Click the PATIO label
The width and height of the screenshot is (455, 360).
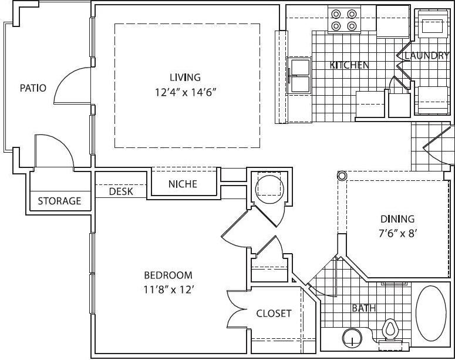click(x=33, y=88)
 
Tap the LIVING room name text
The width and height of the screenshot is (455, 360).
click(x=185, y=77)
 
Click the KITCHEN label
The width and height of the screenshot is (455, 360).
click(x=349, y=65)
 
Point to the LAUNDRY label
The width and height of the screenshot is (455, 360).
click(x=427, y=56)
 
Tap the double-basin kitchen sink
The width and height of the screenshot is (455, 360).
click(x=299, y=76)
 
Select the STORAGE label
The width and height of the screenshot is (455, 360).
click(x=59, y=201)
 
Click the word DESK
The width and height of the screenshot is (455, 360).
click(x=121, y=191)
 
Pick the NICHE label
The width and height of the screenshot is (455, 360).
click(x=183, y=184)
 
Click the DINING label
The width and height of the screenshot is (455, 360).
click(x=397, y=219)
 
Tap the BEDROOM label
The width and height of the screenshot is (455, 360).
click(x=168, y=275)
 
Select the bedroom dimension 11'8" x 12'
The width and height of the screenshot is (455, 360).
click(x=168, y=289)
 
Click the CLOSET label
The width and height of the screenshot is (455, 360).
click(x=274, y=313)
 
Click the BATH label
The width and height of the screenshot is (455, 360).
click(x=364, y=308)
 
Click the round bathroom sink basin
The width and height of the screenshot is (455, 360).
click(x=350, y=338)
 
